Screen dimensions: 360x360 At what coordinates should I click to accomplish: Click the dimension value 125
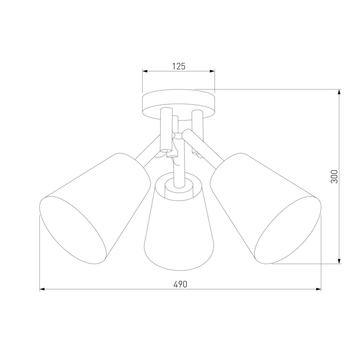click(x=178, y=66)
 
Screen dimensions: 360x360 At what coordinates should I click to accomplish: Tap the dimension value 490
click(x=180, y=284)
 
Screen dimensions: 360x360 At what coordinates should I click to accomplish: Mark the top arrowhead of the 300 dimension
click(x=339, y=92)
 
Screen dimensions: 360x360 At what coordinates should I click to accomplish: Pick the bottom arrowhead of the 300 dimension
click(x=339, y=261)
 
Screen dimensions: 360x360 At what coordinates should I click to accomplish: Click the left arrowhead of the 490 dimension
click(x=42, y=289)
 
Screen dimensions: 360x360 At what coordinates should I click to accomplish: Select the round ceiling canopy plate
click(x=179, y=102)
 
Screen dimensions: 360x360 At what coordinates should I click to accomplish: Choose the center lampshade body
click(x=179, y=234)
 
